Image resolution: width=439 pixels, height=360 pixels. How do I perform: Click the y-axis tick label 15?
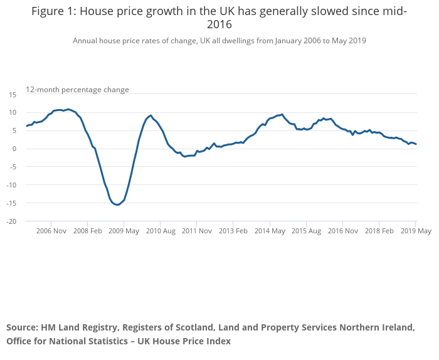[13, 94]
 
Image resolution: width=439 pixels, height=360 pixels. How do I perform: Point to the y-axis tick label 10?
[13, 112]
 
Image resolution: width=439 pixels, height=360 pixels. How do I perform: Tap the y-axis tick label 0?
[14, 149]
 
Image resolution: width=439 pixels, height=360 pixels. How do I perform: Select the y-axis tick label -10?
[11, 185]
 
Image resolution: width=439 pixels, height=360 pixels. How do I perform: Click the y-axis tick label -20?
[11, 221]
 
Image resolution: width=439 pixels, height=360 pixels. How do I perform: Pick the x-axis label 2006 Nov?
[51, 231]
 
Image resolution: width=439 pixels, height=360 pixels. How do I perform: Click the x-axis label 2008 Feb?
[87, 231]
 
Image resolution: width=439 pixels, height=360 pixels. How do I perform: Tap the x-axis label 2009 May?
[124, 231]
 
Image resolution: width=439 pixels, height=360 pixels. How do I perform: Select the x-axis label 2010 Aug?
[160, 231]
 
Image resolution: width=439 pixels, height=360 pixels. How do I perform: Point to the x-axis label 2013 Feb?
[233, 231]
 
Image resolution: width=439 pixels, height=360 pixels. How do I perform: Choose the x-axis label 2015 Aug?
[306, 231]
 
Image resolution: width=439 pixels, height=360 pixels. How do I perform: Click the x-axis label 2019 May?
[416, 231]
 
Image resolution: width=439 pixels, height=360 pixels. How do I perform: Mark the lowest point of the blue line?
[117, 204]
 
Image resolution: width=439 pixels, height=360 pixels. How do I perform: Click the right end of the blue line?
[416, 144]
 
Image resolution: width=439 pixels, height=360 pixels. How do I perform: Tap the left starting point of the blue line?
[26, 126]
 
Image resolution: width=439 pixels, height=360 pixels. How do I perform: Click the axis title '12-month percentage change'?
[77, 90]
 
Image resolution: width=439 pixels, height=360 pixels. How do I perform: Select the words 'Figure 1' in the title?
[53, 11]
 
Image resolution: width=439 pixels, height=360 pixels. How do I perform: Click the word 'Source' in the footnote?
[22, 327]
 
